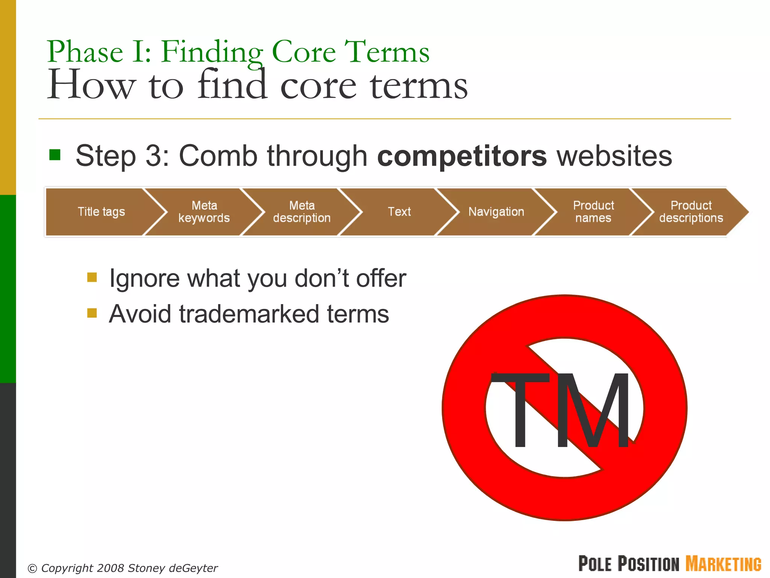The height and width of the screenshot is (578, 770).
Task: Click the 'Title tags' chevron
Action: click(x=101, y=212)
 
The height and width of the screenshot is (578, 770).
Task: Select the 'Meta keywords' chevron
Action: click(x=204, y=212)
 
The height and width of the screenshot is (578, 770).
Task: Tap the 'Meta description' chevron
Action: click(x=302, y=212)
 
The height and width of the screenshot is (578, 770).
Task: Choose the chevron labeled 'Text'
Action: click(x=399, y=212)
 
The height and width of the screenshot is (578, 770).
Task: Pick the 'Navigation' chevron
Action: click(x=496, y=212)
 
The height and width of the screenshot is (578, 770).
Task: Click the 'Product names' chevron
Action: click(x=593, y=212)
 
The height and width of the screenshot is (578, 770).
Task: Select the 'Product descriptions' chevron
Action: click(x=691, y=212)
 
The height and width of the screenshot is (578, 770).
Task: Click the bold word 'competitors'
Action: click(x=462, y=156)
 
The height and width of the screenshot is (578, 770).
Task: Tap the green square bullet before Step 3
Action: click(x=55, y=155)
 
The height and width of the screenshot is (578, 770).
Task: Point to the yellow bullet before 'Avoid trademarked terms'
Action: click(x=92, y=313)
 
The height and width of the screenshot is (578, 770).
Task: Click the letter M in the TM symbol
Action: click(x=592, y=410)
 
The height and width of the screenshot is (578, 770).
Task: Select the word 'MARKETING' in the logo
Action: click(x=723, y=564)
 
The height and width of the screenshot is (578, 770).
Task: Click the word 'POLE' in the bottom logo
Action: click(x=595, y=564)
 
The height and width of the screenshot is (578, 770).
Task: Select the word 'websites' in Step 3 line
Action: click(x=614, y=156)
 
